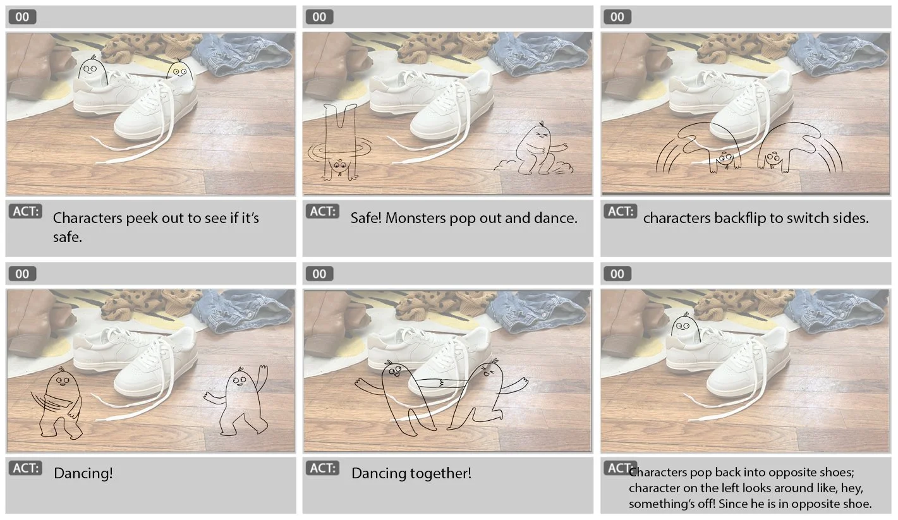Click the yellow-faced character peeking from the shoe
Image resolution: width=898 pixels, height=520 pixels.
pos(179,71)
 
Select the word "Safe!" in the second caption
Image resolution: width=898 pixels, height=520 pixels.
pos(366,218)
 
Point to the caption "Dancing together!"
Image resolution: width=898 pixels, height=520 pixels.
pos(411,473)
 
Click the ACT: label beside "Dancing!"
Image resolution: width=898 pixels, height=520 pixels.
pos(26,468)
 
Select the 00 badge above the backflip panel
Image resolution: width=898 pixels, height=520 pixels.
pos(617,17)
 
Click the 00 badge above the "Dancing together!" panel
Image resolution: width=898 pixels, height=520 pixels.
pos(319,274)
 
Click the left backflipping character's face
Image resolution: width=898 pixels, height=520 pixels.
pos(724,159)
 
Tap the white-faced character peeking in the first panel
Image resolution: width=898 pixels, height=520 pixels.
pos(92,71)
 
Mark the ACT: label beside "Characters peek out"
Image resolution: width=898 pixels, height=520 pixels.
pos(26,211)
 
